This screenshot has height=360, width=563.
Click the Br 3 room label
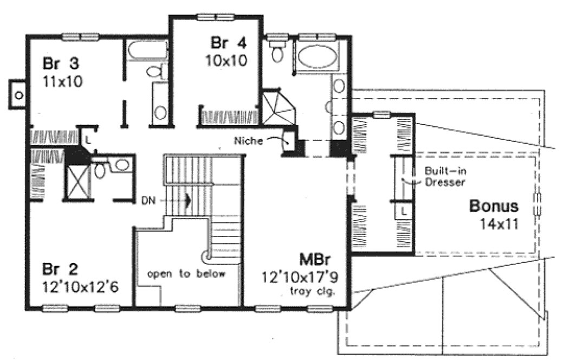61,63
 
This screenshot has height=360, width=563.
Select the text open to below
185,273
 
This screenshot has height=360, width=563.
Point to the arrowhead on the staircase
187,200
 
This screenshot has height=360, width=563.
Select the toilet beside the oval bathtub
278,53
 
